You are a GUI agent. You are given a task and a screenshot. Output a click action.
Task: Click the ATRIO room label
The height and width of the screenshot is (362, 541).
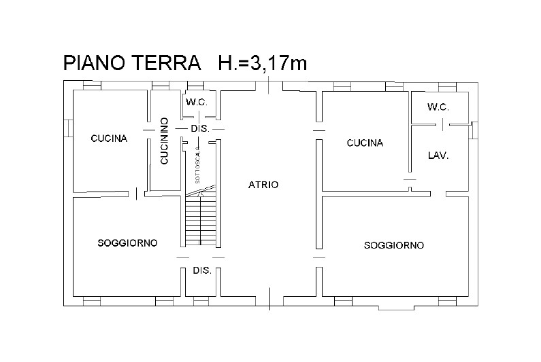263,185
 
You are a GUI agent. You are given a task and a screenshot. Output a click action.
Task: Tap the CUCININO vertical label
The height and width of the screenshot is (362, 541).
164,141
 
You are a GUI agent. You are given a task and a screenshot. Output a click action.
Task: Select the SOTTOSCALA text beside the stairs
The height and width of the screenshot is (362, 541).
197,164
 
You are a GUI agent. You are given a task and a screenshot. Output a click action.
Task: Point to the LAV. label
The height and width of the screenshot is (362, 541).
438,156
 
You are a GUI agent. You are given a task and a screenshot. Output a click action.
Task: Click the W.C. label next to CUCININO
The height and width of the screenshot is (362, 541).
197,102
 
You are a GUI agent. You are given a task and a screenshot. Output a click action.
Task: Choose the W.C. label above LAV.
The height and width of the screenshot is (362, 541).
438,107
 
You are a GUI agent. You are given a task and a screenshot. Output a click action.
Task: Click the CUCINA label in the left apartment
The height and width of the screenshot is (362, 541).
109,139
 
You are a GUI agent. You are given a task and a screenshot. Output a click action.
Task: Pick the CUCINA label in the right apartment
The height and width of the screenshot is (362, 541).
365,143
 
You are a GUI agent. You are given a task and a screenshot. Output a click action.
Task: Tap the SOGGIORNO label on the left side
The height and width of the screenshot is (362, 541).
128,243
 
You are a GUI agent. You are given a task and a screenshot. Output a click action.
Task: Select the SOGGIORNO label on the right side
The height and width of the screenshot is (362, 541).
394,245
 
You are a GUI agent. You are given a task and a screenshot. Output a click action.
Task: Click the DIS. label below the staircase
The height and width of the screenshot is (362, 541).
202,271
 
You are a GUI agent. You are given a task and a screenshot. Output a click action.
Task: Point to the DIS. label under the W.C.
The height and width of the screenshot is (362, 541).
200,129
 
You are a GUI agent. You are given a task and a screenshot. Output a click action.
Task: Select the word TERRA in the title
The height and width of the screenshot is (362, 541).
167,62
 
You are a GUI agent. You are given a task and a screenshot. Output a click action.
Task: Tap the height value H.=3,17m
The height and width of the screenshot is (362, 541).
263,63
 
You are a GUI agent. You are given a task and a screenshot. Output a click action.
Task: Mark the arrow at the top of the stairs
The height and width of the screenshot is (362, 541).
200,195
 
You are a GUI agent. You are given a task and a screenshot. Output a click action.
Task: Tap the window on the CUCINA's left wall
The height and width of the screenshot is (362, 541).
68,128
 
